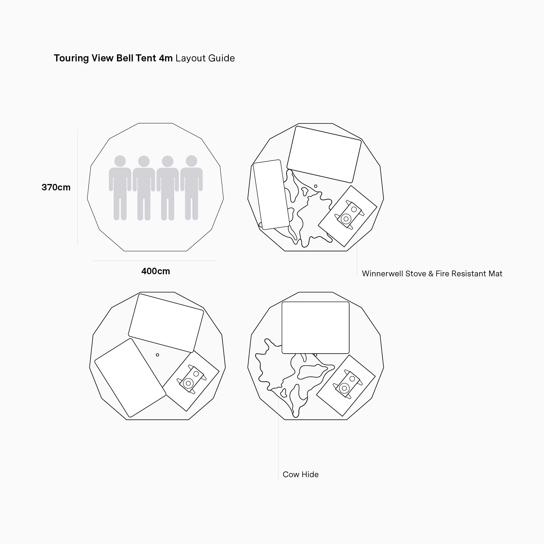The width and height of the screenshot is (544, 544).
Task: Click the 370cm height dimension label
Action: [x=56, y=188]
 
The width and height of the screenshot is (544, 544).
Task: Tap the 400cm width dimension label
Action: [x=156, y=271]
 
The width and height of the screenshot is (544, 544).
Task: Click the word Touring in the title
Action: [x=72, y=58]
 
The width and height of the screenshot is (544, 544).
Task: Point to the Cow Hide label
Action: [x=301, y=475]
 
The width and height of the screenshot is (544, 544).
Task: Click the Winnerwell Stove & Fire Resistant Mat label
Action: [x=432, y=274]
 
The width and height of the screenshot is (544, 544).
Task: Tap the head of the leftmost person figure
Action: [x=120, y=161]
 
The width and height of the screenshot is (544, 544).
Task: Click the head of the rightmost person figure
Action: [x=191, y=161]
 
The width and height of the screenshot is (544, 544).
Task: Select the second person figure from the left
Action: [x=144, y=188]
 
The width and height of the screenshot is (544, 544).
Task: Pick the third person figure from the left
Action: [x=168, y=188]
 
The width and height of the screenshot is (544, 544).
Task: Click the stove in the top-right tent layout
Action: [x=349, y=215]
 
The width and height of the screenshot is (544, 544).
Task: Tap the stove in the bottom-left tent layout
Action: [x=191, y=379]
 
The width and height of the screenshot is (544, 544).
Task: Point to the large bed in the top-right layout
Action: [x=324, y=154]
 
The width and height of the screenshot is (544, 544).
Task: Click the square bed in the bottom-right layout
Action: [x=315, y=328]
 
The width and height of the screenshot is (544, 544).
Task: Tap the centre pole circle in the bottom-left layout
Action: [x=157, y=355]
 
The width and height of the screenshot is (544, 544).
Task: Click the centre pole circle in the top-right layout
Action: [x=316, y=186]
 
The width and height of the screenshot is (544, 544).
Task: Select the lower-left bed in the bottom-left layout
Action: [x=130, y=378]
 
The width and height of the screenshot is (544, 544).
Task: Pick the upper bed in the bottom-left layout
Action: [x=166, y=323]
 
